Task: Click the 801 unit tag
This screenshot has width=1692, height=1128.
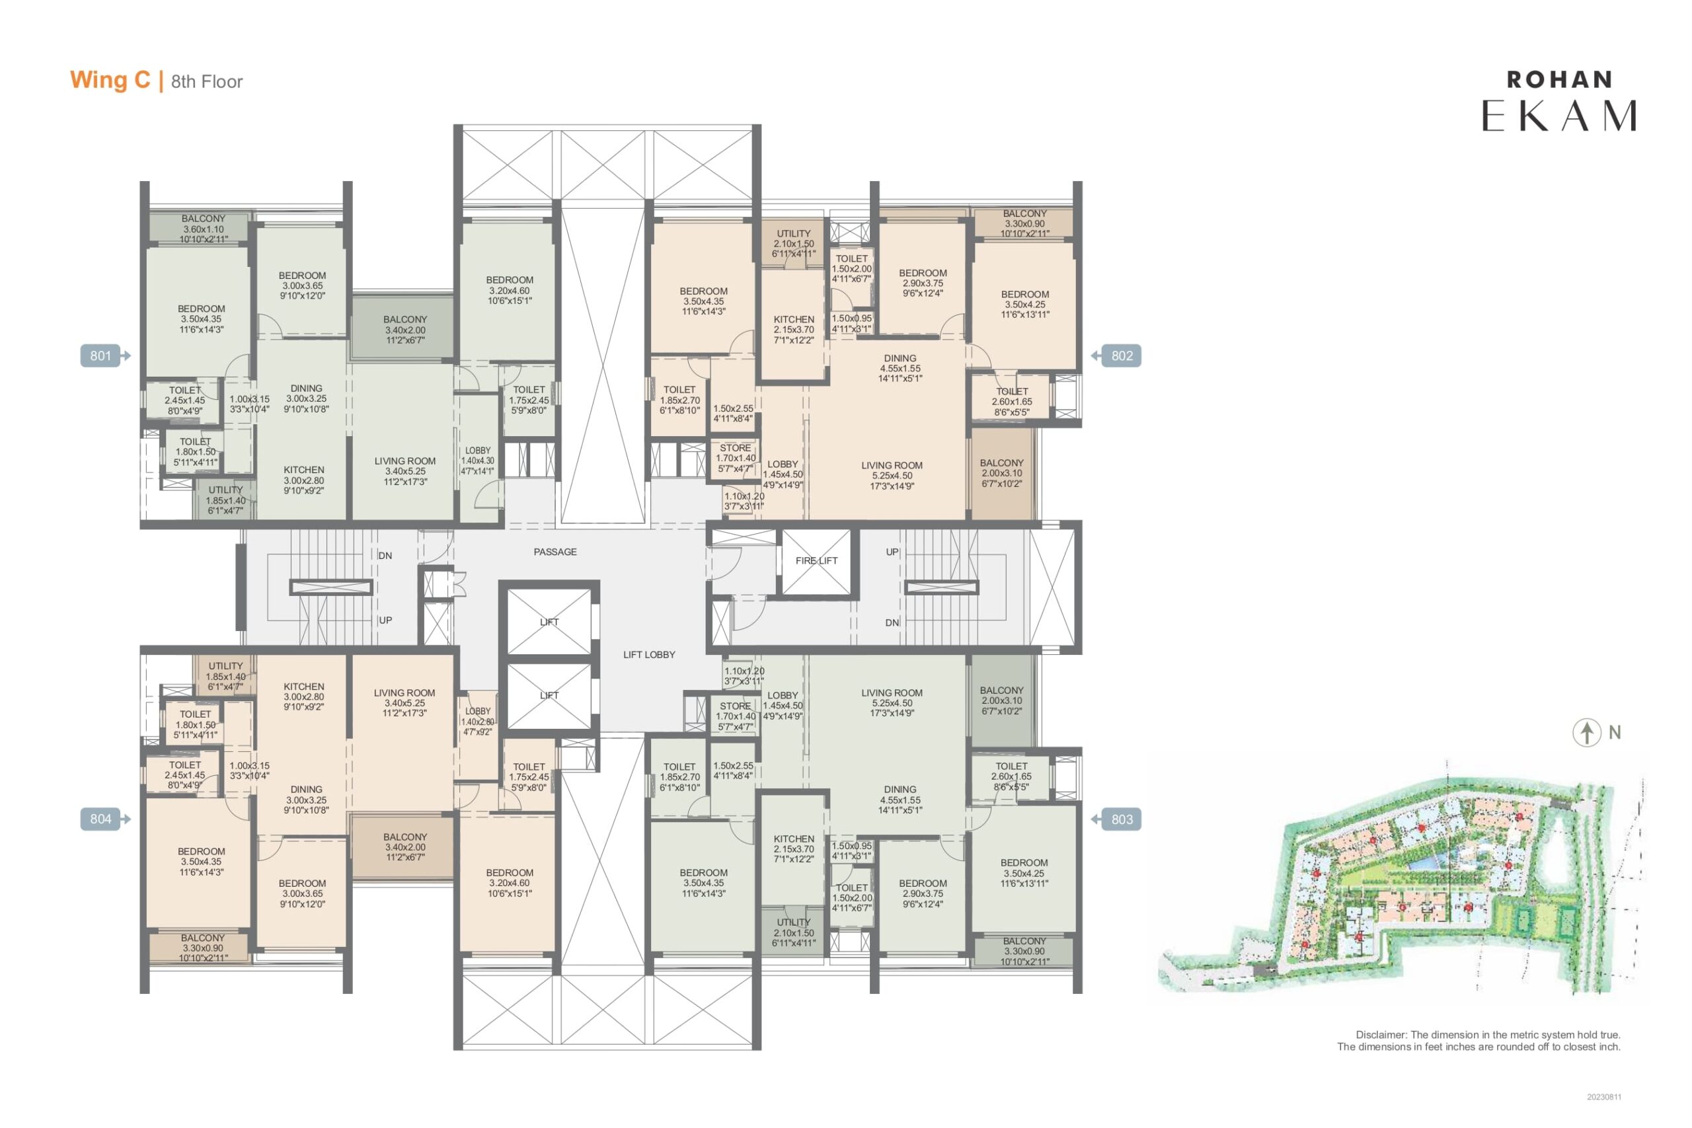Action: pos(105,356)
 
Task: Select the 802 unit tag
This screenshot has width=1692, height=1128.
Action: pos(1116,356)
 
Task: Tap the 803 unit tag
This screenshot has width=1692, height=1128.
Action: pos(1116,819)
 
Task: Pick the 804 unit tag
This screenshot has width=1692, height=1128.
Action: pos(105,819)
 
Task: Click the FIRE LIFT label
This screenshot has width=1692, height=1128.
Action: pos(816,560)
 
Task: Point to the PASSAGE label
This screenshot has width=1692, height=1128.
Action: pos(555,552)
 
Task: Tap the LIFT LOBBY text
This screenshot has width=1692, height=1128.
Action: pos(649,655)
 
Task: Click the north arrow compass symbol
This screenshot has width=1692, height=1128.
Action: pos(1587,732)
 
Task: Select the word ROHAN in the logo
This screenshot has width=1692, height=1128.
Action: pos(1560,80)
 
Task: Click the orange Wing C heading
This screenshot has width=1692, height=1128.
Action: pos(110,80)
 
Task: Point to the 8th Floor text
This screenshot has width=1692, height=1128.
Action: pos(207,82)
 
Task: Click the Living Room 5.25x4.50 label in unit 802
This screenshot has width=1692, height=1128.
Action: pos(892,476)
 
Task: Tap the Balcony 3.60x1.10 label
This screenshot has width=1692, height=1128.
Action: pos(204,229)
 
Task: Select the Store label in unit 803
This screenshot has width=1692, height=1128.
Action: pos(736,716)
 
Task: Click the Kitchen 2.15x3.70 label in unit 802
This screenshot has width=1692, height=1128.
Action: pos(794,330)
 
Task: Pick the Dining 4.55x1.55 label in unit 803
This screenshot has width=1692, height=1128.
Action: pos(900,799)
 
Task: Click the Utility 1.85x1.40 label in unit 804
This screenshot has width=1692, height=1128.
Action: pos(226,676)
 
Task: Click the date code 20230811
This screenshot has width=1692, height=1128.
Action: pos(1604,1097)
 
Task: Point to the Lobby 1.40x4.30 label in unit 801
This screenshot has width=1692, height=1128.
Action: pos(478,461)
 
